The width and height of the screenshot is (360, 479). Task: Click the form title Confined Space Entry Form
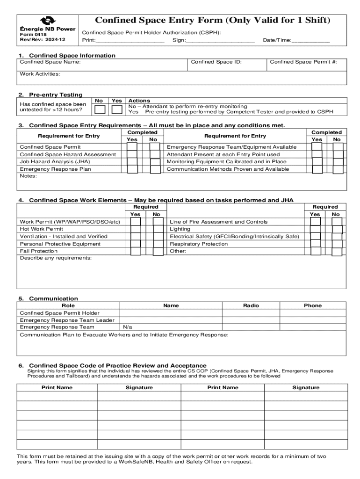coord(212,20)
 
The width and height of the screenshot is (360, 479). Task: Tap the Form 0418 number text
coord(30,35)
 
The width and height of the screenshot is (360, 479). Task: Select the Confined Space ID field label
coord(216,62)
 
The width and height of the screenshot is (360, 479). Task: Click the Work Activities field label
coord(40,74)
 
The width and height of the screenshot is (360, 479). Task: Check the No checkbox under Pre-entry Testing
coord(100,109)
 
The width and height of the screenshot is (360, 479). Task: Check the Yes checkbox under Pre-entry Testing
coord(117,109)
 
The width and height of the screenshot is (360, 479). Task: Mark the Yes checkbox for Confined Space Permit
coord(132,147)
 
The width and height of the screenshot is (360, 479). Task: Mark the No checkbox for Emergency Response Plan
coord(155,169)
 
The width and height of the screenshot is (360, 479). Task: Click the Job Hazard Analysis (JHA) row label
coord(55,161)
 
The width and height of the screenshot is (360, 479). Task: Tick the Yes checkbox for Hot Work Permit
coord(136,229)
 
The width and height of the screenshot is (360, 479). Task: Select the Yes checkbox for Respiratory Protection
coord(315,244)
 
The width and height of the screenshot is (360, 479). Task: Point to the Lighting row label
coord(180,229)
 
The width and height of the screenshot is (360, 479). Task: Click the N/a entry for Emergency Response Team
coord(128,327)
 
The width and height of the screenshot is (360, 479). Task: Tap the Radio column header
coord(251,305)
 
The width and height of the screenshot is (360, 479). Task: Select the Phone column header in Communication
coord(312,305)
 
